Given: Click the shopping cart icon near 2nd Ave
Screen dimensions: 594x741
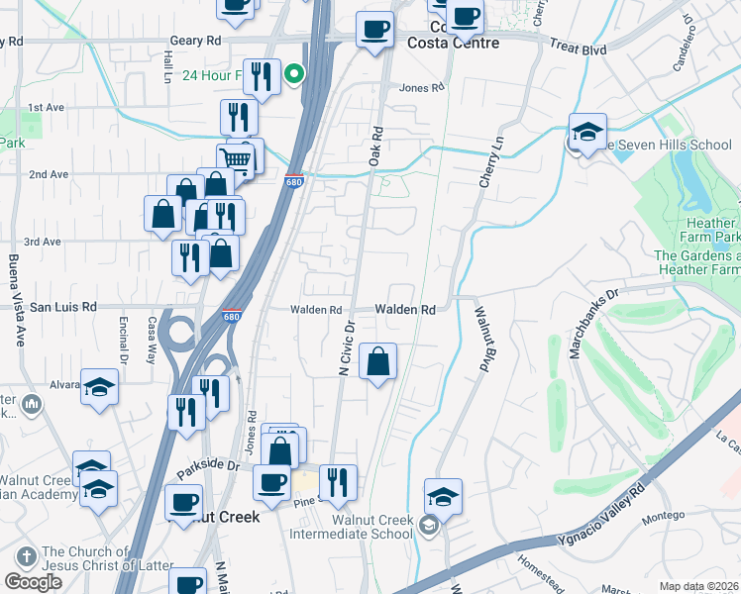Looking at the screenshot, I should [236, 160].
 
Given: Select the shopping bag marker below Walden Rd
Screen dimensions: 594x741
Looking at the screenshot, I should [377, 362].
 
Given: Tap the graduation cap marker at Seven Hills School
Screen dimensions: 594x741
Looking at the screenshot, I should [587, 133].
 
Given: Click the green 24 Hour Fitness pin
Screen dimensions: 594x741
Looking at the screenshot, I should [294, 74].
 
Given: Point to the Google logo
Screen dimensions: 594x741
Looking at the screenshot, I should [33, 582].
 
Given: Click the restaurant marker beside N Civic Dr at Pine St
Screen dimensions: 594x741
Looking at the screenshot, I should [338, 483].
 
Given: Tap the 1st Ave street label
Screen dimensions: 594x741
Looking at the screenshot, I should [45, 107].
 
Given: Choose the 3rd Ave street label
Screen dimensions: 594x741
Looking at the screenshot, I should [43, 242].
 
